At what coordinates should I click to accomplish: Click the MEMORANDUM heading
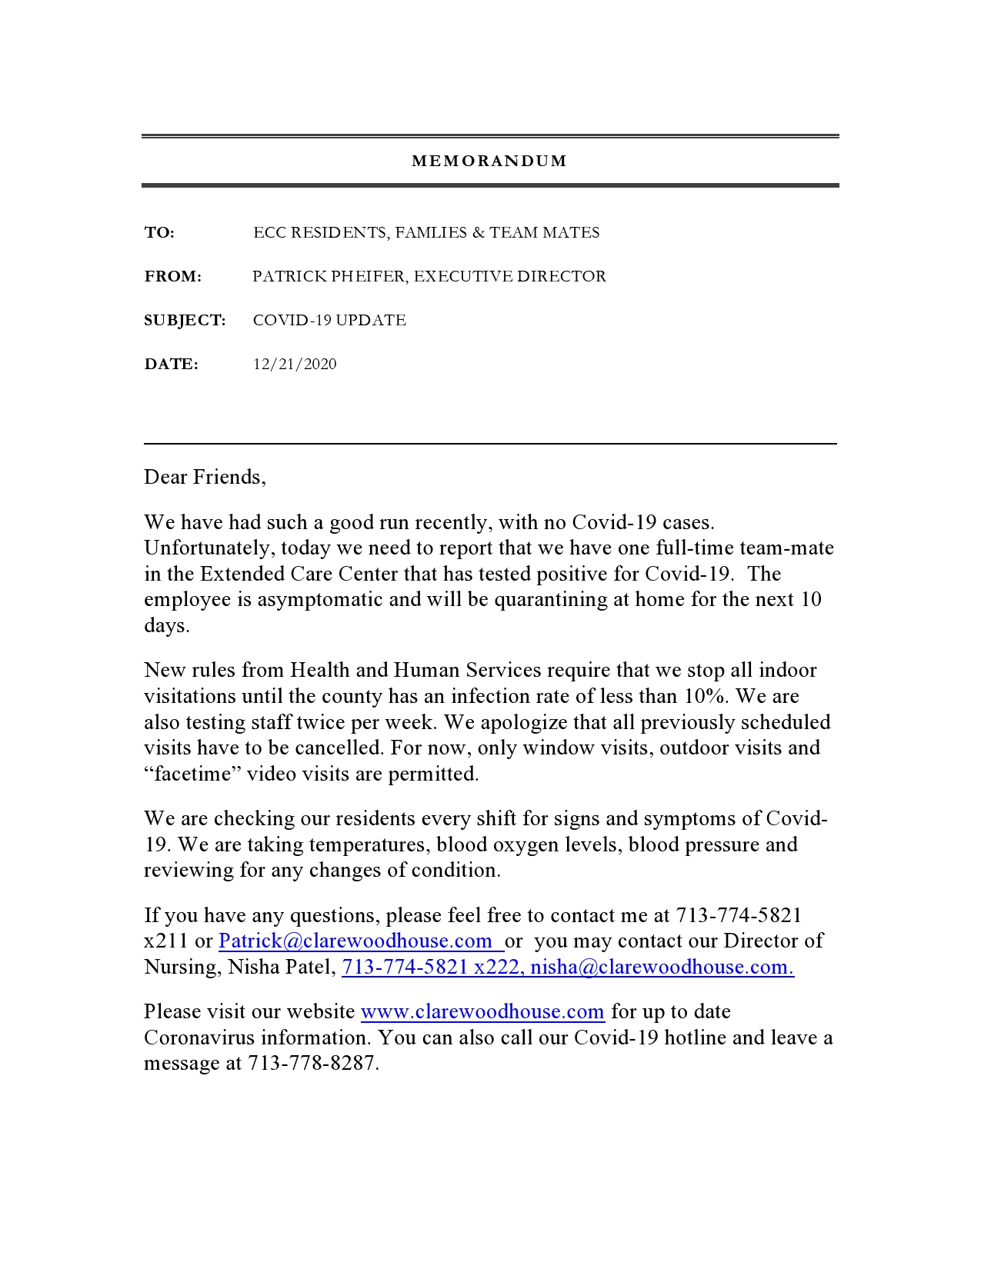click(x=489, y=162)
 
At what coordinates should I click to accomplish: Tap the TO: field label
click(x=159, y=233)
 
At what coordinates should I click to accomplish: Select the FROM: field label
click(x=173, y=277)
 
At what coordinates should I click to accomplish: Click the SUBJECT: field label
click(x=185, y=321)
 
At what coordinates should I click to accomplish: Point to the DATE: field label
click(x=171, y=365)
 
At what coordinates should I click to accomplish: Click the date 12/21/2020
click(x=295, y=365)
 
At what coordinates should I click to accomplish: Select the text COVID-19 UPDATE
click(x=329, y=321)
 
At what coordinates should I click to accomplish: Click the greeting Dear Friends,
click(x=205, y=478)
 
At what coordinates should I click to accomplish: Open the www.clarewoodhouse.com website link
click(x=482, y=1012)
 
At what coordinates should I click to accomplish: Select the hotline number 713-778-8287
click(x=313, y=1064)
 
